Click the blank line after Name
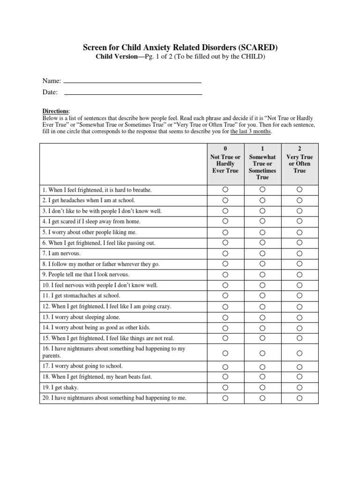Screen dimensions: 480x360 [x=132, y=82]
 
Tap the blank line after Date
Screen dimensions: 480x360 [x=133, y=94]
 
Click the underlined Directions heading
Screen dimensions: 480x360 [x=56, y=111]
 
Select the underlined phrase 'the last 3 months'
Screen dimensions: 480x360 [x=250, y=132]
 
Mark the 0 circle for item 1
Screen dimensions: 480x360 [x=225, y=190]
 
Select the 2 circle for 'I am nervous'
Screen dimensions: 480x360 [x=300, y=253]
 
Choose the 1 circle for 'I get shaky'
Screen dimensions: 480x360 [x=262, y=388]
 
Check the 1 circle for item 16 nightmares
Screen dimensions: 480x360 [x=262, y=353]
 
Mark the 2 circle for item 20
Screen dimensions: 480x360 [x=300, y=398]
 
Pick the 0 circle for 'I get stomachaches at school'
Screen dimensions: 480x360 [x=225, y=296]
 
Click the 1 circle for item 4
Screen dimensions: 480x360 [x=262, y=221]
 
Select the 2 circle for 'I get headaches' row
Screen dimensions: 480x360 [x=300, y=201]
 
